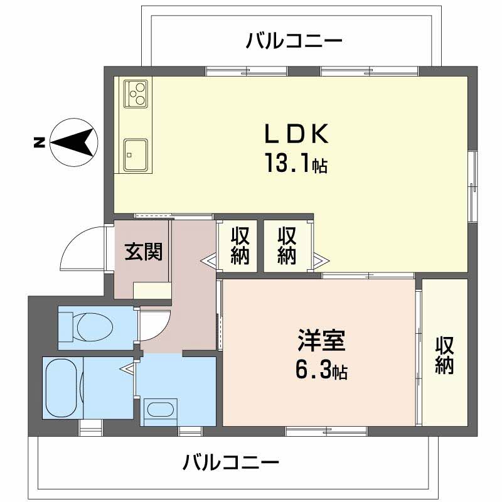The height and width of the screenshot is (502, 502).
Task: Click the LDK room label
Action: click(x=296, y=133)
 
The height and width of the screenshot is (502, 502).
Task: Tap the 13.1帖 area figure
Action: click(x=296, y=163)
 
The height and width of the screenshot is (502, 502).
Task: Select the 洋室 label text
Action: click(x=321, y=339)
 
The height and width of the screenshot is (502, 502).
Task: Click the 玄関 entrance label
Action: click(x=144, y=252)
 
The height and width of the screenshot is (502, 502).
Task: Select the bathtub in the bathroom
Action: click(x=62, y=388)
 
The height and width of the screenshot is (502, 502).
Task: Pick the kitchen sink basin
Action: click(x=136, y=155)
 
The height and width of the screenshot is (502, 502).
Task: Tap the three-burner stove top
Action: click(x=136, y=93)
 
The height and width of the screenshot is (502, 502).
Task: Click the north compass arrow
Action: click(x=73, y=142)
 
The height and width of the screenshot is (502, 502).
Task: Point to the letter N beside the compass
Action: click(x=40, y=142)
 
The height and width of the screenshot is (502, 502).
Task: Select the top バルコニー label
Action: click(x=294, y=41)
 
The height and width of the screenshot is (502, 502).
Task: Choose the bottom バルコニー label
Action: click(x=231, y=462)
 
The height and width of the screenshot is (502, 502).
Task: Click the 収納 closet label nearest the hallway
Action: click(x=240, y=245)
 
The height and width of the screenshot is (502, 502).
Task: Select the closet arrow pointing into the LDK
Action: click(x=321, y=260)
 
